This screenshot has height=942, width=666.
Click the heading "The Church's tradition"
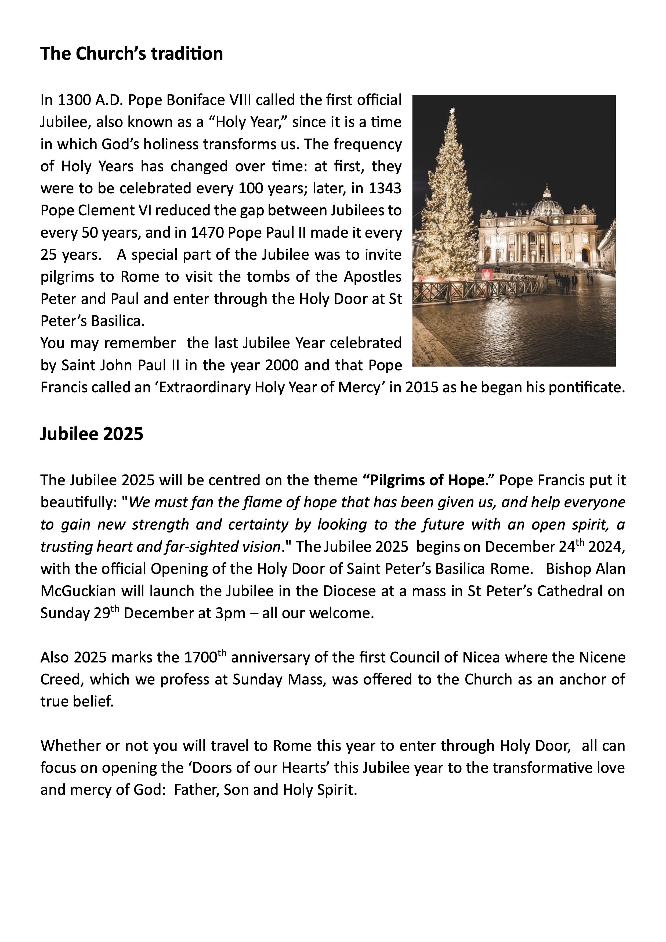[x=131, y=54]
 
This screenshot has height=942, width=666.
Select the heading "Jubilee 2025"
[x=92, y=434]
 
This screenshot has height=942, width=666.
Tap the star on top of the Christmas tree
[x=453, y=111]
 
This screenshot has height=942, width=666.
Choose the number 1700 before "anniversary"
[x=200, y=658]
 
